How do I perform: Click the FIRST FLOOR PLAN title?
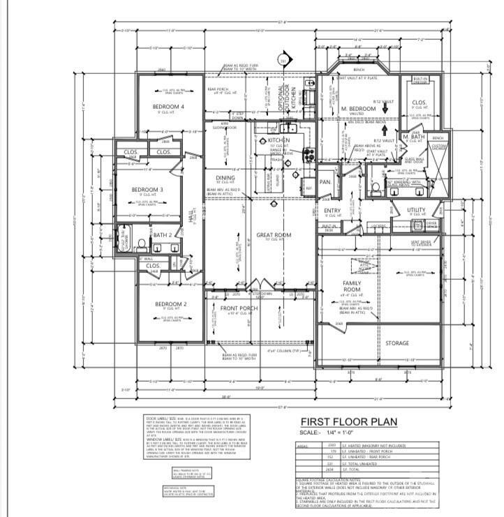pyautogui.click(x=348, y=421)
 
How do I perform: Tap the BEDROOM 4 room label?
pyautogui.click(x=168, y=107)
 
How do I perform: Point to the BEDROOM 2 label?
pyautogui.click(x=170, y=304)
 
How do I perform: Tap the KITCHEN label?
pyautogui.click(x=279, y=140)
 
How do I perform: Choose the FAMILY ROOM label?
pyautogui.click(x=352, y=285)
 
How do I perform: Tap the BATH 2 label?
pyautogui.click(x=162, y=235)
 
